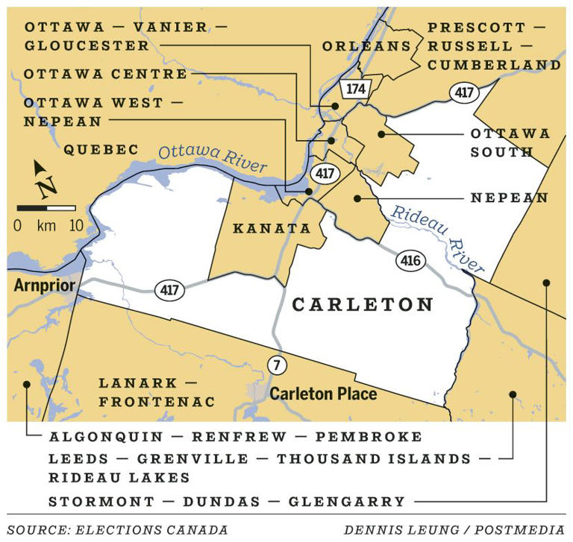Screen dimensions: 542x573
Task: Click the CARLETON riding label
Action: pyautogui.click(x=363, y=305)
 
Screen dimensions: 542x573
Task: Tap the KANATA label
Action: pyautogui.click(x=272, y=229)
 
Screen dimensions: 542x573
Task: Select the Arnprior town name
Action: pyautogui.click(x=44, y=286)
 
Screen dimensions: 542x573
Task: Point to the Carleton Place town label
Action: pyautogui.click(x=323, y=393)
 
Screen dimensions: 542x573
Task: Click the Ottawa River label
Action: pyautogui.click(x=212, y=158)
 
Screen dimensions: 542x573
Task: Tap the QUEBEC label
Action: pyautogui.click(x=101, y=150)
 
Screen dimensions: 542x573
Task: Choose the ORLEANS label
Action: pyautogui.click(x=366, y=46)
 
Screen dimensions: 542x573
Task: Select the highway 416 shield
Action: pyautogui.click(x=410, y=262)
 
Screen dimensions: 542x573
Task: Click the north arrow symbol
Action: pyautogui.click(x=44, y=180)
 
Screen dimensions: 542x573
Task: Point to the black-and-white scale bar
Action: pyautogui.click(x=46, y=208)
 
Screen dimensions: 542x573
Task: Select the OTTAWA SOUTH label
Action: pyautogui.click(x=509, y=143)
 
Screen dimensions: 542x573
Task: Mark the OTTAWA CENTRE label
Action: pyautogui.click(x=105, y=75)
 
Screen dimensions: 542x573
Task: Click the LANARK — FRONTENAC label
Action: pyautogui.click(x=157, y=392)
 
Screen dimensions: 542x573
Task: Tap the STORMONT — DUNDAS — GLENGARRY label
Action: pyautogui.click(x=227, y=501)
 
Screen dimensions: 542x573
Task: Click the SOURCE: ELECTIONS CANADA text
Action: pyautogui.click(x=118, y=530)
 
